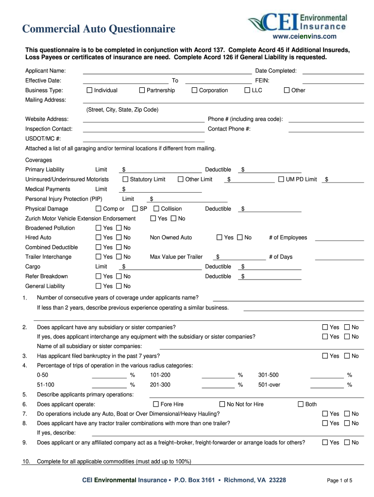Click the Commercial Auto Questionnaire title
tap(99, 30)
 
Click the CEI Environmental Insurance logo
tap(298, 22)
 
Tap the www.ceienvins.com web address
tap(311, 36)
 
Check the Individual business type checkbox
tap(89, 90)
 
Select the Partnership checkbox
tap(142, 90)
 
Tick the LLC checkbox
tap(247, 90)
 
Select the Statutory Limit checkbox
tap(125, 180)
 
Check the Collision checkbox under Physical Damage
tap(156, 209)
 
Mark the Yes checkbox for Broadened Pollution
tap(99, 228)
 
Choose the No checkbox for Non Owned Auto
tap(238, 238)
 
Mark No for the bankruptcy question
tap(347, 356)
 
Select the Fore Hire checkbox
tap(156, 404)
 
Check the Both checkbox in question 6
tap(300, 404)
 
